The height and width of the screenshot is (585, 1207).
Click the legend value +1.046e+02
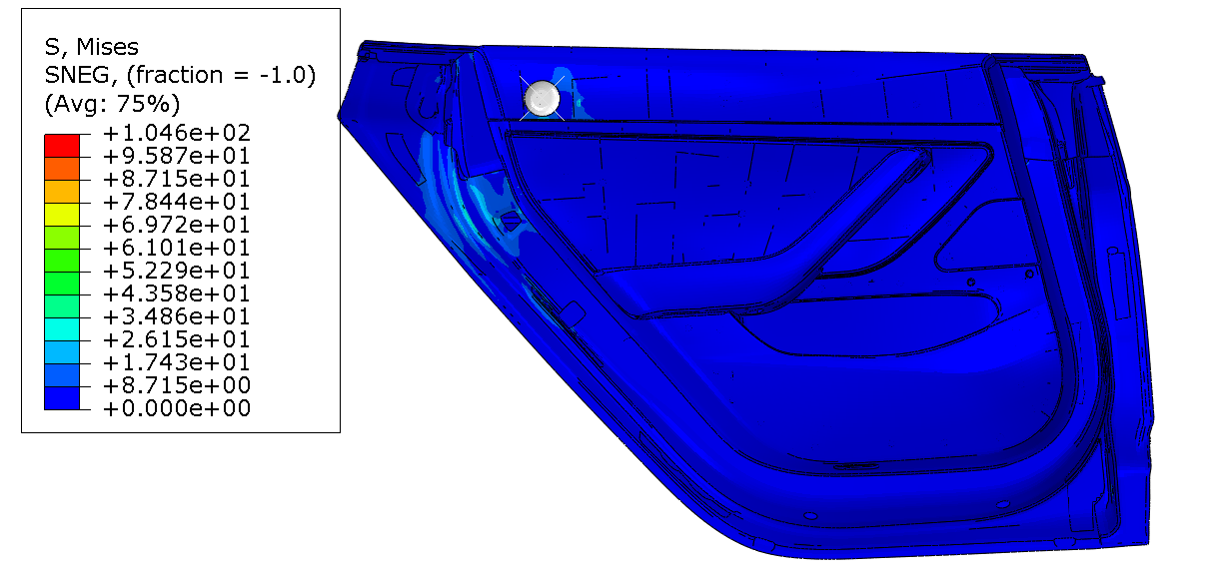pos(177,133)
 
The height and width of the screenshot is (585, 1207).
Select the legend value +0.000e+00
pos(177,408)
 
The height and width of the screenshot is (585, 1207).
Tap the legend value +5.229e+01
pos(177,271)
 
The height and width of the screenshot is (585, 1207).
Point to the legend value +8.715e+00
pos(177,385)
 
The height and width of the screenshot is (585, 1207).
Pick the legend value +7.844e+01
pos(177,202)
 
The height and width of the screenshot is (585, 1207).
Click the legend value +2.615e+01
pos(177,339)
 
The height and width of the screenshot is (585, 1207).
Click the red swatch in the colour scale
pos(62,146)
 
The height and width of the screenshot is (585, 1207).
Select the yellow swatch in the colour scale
pos(62,215)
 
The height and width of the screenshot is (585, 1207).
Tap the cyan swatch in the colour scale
pos(62,329)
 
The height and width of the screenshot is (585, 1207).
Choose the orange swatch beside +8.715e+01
pos(62,169)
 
